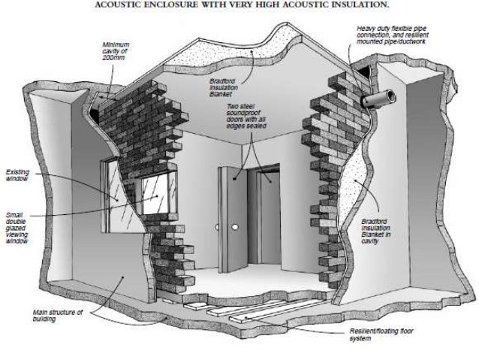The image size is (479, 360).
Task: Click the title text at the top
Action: tap(240, 5)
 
